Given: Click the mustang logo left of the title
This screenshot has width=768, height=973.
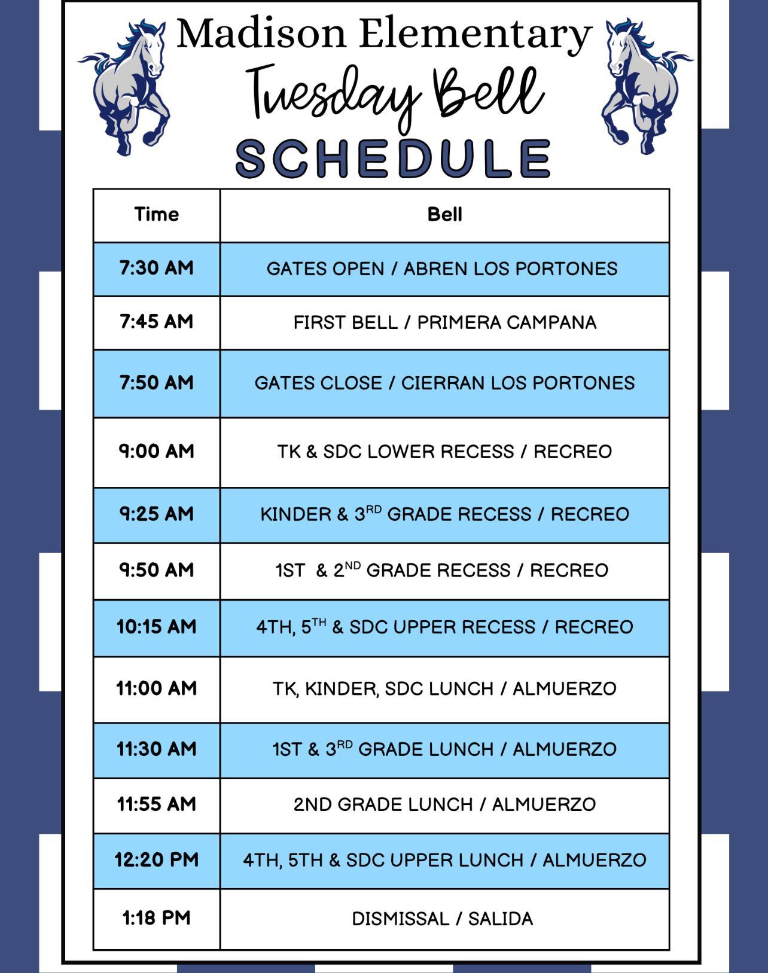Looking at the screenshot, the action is [125, 86].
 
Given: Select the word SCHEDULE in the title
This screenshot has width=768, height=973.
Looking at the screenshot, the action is [393, 158].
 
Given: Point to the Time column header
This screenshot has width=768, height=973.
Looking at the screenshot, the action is [157, 214].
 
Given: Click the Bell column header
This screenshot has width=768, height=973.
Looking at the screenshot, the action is [444, 214].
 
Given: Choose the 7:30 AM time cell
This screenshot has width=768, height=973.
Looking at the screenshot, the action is [157, 268].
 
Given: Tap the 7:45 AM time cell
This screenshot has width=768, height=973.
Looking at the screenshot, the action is [157, 322].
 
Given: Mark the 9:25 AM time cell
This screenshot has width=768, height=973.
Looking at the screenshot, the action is [157, 514].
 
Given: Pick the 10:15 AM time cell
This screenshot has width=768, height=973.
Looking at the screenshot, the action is [157, 627].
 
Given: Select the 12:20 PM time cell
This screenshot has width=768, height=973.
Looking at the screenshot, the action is [157, 860].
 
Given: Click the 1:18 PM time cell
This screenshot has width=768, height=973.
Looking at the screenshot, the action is [157, 919].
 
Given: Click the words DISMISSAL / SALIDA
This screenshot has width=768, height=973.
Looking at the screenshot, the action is [443, 919].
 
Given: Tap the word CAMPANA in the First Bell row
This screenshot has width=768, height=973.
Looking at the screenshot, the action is [551, 322].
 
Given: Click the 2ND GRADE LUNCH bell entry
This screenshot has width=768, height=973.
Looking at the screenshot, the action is [444, 805].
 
